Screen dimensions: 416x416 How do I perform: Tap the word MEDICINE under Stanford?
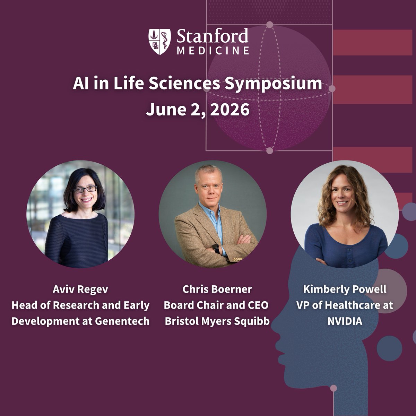click(x=213, y=51)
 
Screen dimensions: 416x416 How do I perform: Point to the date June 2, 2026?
click(x=198, y=110)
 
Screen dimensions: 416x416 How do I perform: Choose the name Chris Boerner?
click(x=217, y=289)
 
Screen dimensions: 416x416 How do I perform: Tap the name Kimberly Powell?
click(x=345, y=289)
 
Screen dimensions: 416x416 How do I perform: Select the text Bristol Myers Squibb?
click(x=217, y=321)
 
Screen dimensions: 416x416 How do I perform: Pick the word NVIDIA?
click(x=345, y=321)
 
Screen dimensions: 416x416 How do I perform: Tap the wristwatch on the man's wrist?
click(x=216, y=248)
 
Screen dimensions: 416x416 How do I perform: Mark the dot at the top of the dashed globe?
click(x=270, y=25)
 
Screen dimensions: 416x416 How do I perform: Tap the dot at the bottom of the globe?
click(x=270, y=150)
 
